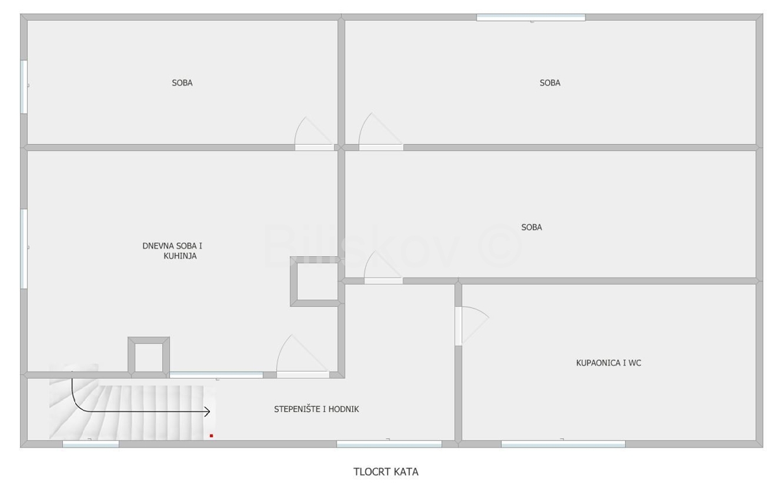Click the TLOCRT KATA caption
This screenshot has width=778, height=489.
(386, 472)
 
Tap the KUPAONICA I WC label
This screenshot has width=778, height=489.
(609, 363)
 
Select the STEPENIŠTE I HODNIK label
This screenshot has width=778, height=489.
(316, 409)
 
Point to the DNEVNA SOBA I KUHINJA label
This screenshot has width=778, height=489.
(172, 251)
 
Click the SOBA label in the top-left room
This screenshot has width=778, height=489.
(182, 83)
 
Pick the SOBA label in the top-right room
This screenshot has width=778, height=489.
(550, 83)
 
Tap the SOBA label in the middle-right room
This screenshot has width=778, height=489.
(532, 227)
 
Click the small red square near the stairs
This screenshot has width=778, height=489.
(211, 435)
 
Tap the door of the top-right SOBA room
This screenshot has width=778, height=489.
(381, 132)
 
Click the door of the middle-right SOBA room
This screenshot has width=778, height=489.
(383, 267)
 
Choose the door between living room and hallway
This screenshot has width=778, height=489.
(303, 356)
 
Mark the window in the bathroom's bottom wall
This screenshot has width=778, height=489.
(563, 444)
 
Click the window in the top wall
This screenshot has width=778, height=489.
(531, 18)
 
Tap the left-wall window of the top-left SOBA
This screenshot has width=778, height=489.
(24, 87)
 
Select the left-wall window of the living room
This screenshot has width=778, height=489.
(24, 249)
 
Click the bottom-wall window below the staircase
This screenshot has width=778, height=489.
(91, 444)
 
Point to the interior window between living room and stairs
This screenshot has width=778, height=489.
(216, 375)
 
